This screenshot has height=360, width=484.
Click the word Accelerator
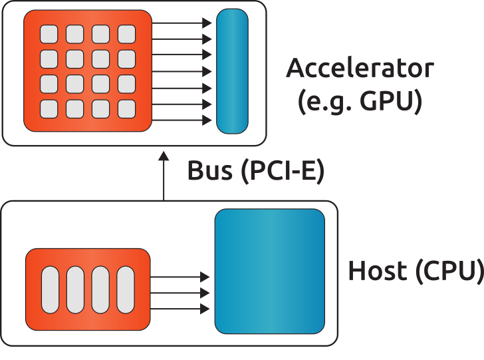[360, 69]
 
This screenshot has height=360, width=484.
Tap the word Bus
[209, 171]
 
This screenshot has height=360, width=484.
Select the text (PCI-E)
[283, 172]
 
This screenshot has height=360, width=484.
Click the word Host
[378, 271]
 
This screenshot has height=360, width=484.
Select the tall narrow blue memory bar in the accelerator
[232, 71]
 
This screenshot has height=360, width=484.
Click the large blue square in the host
[269, 271]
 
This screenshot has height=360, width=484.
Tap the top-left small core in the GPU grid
[49, 34]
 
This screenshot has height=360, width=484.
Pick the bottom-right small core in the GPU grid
[126, 108]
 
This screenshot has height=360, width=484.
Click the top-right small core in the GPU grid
[126, 34]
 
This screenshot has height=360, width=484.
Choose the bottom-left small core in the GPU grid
[49, 108]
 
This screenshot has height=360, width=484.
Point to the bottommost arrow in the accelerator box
[181, 121]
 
